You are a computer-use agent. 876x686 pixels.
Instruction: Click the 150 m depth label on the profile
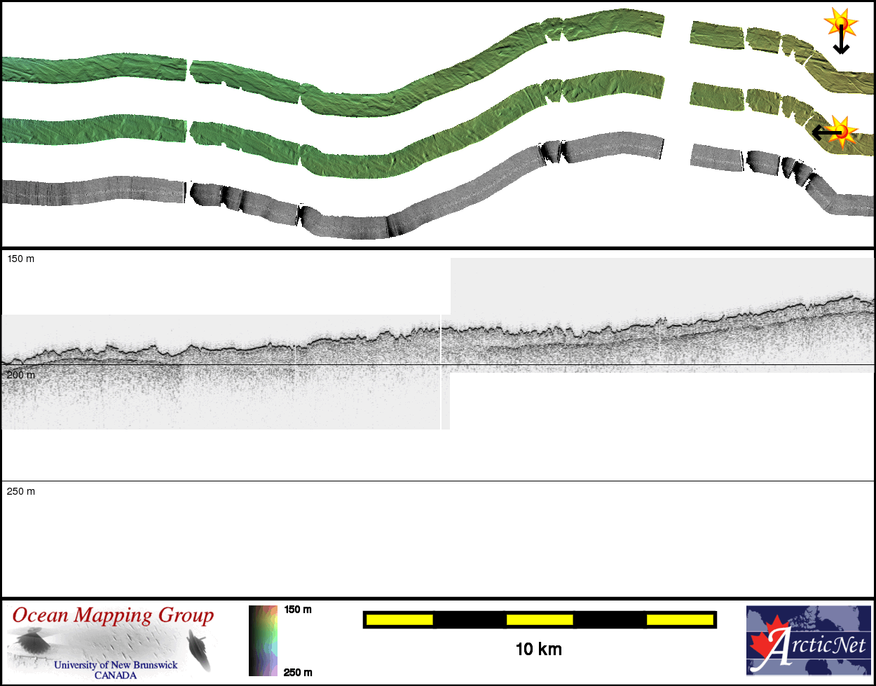(20, 259)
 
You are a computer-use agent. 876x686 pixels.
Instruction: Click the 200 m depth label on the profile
(20, 375)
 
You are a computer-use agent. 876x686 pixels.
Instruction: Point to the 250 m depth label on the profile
(20, 491)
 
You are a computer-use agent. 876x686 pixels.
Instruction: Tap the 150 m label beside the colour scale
(298, 610)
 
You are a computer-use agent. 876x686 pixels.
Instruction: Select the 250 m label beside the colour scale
(298, 672)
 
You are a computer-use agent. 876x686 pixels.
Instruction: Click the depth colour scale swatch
(263, 640)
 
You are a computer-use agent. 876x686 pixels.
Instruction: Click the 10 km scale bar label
(539, 650)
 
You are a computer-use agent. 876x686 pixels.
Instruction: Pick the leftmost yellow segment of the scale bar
(399, 619)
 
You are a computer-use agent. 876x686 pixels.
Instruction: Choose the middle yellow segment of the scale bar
(540, 619)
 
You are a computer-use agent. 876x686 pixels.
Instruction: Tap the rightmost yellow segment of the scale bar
(680, 619)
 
